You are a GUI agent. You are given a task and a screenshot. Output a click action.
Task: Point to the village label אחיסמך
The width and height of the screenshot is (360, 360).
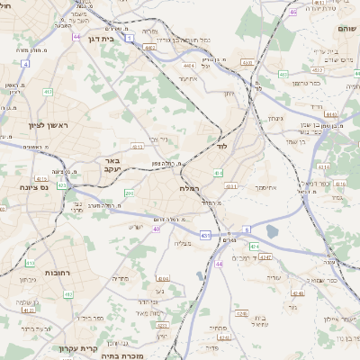(x=266, y=187)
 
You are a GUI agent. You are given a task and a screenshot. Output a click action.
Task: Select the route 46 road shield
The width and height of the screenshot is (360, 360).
(x=293, y=13)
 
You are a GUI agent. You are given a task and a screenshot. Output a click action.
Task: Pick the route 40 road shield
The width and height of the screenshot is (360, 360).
(x=156, y=229)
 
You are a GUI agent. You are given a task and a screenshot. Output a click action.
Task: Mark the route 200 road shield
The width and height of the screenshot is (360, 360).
(x=130, y=193)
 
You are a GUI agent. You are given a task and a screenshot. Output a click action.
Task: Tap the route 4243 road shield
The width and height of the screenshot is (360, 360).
(x=265, y=258)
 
